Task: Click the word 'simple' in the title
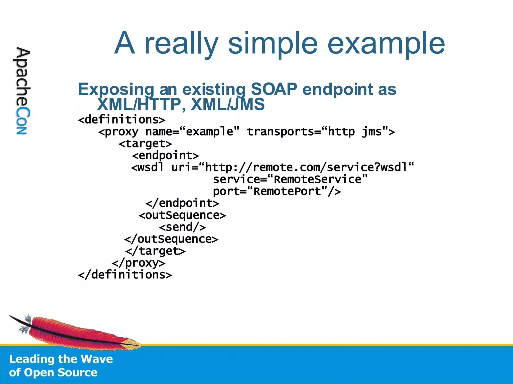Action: [273, 44]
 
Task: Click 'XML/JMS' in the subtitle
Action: [227, 104]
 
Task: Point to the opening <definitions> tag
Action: [122, 120]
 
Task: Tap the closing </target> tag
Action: [155, 251]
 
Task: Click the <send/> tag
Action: [182, 227]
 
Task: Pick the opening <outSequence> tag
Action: [182, 215]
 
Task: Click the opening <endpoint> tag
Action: [166, 156]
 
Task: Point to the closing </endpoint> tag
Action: [182, 203]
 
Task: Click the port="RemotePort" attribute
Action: [277, 191]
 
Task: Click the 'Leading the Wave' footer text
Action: [61, 359]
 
